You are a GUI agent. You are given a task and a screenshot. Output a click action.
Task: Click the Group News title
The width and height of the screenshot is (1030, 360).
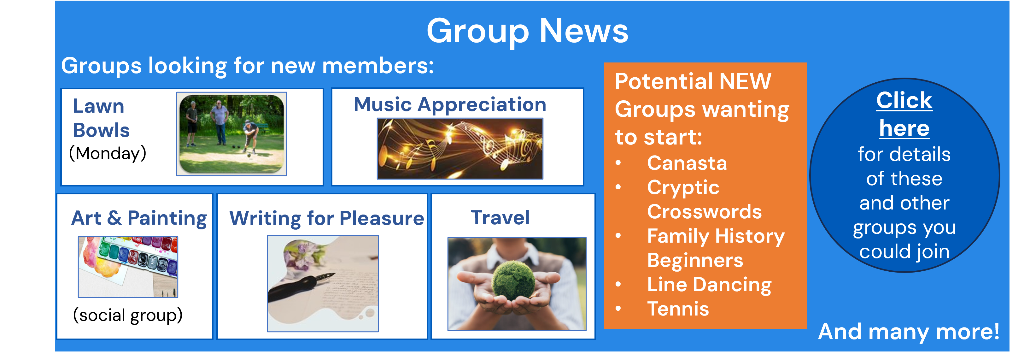point(527,31)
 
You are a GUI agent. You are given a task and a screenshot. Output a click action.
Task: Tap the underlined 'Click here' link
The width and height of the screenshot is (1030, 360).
point(904,114)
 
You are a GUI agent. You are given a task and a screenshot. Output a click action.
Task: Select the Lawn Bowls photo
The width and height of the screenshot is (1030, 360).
point(231,134)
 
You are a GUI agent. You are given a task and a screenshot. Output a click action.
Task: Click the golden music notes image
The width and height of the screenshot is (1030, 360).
point(460,148)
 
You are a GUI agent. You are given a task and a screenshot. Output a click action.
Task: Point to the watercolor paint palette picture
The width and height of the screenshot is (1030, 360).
point(128,267)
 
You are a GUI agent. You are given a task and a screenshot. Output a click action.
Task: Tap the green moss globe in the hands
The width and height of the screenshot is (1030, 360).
point(513,280)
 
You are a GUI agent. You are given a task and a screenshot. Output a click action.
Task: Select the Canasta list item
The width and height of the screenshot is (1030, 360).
point(687,163)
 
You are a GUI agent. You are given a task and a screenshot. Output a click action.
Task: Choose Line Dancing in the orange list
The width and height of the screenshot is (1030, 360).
point(709,285)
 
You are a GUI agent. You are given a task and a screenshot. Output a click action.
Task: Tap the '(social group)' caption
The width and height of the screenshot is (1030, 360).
point(127,315)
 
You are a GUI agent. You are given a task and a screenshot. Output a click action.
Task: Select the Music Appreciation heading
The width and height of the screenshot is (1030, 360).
point(450,105)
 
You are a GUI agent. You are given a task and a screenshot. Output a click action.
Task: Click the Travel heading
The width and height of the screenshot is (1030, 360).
point(500,218)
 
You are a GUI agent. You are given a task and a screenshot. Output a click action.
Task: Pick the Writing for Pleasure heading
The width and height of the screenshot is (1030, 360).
point(326,219)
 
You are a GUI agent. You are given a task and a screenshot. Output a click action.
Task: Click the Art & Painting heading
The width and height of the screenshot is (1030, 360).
point(139,219)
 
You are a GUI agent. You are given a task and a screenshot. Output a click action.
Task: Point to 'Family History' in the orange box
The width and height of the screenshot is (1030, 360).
point(716,236)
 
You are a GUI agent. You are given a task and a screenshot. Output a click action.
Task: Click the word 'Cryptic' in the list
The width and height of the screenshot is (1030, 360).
point(683,188)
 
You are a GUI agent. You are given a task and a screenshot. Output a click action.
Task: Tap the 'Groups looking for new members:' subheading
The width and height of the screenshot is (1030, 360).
point(248,66)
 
